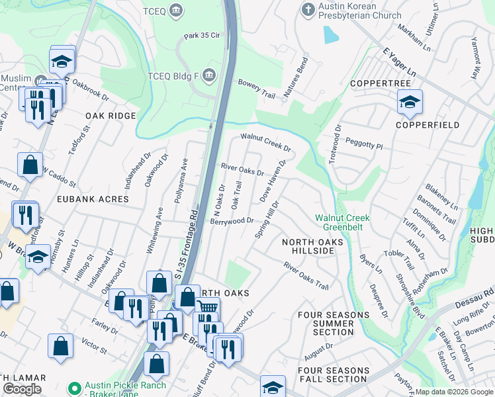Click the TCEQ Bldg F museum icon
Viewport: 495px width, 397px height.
coord(210,74)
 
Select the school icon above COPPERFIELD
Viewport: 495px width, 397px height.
coord(410,102)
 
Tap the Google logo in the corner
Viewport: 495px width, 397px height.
coord(22,389)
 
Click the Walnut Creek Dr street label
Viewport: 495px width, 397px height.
coord(265,142)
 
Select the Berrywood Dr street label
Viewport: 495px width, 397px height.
coord(232,220)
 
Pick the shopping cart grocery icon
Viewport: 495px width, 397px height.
coord(207,308)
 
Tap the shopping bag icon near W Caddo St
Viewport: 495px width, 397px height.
coord(30,165)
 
